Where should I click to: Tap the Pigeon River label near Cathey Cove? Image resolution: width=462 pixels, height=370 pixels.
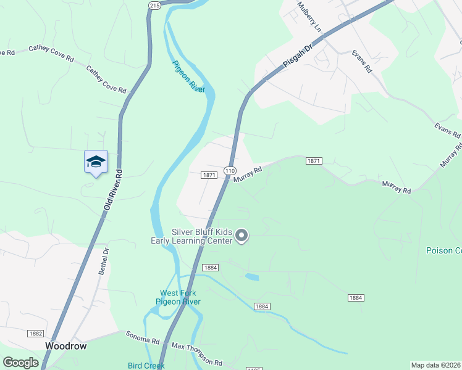(x=188, y=76)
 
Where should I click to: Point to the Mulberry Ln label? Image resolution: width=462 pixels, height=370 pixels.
(x=309, y=17)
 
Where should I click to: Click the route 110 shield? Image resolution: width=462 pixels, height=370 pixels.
(x=230, y=170)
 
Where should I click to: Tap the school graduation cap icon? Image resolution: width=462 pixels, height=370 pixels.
(x=96, y=162)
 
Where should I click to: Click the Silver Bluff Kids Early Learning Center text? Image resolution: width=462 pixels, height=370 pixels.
(x=193, y=236)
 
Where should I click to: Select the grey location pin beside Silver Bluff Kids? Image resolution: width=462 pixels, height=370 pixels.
(x=241, y=236)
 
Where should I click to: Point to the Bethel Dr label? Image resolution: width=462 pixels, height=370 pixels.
(x=104, y=261)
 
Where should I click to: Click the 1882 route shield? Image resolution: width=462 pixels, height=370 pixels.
(x=35, y=333)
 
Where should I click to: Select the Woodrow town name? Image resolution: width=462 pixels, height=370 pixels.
(x=65, y=347)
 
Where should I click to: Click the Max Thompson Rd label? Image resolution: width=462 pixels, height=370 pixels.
(x=196, y=355)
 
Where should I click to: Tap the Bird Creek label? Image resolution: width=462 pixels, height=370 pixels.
(x=146, y=366)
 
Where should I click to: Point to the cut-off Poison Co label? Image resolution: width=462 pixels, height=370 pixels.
(x=443, y=250)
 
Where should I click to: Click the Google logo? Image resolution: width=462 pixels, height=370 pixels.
(x=20, y=363)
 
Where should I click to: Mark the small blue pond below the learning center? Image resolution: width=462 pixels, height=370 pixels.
(x=252, y=277)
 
